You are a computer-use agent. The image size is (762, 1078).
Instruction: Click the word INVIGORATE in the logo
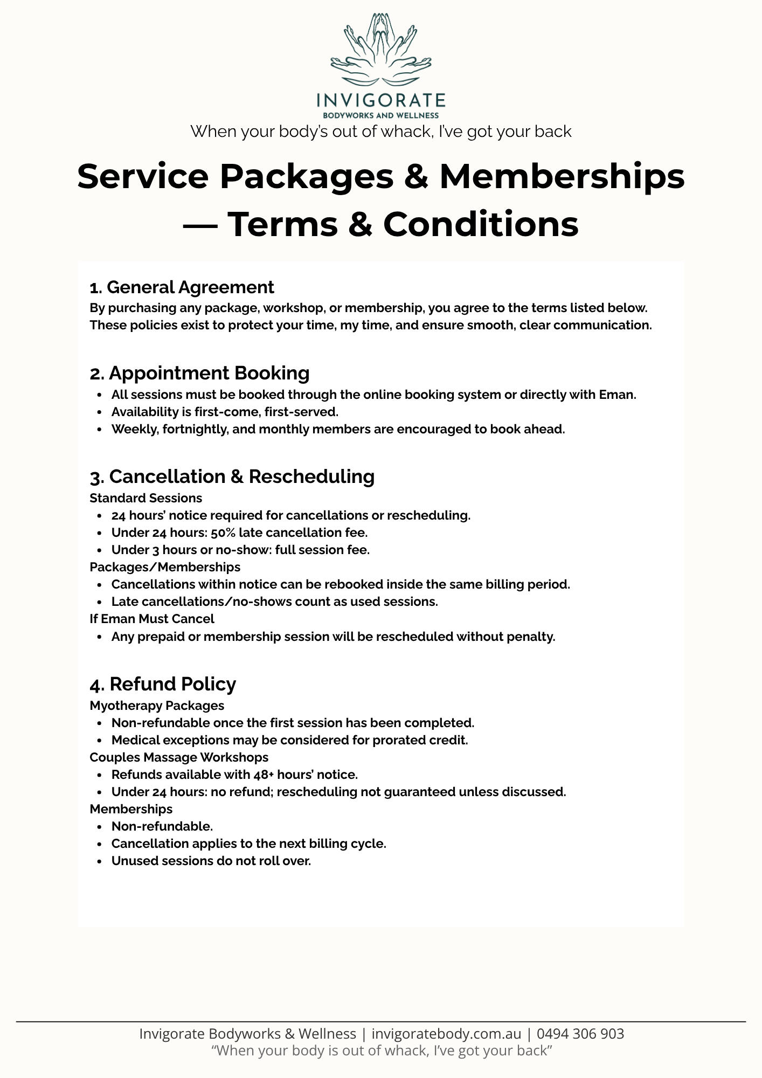(x=380, y=100)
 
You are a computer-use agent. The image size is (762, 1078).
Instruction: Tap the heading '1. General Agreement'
(x=182, y=287)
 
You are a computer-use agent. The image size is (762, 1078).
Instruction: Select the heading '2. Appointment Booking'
(x=199, y=373)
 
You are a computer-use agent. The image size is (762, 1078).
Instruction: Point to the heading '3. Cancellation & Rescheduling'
(x=232, y=476)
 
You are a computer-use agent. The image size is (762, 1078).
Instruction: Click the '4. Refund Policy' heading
(x=163, y=684)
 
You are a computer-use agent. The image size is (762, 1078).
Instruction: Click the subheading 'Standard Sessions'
(x=146, y=498)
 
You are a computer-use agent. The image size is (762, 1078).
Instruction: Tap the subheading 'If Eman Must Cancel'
(x=151, y=619)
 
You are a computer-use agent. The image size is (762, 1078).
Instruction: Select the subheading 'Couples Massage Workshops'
(x=178, y=757)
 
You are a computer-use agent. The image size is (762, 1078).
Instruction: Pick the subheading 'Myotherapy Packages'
(x=156, y=706)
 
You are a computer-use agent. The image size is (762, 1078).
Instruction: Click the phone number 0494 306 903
(x=580, y=1034)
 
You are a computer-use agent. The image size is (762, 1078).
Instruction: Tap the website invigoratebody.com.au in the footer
(x=446, y=1034)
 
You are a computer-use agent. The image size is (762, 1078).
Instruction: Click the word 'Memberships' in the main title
(x=562, y=176)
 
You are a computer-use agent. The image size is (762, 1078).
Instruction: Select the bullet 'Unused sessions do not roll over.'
(x=211, y=861)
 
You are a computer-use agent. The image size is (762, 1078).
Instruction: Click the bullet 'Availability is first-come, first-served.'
(x=225, y=412)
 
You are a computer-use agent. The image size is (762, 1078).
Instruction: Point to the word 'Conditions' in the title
(x=481, y=224)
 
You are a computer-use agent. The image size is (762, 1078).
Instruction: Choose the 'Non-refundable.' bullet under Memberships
(x=162, y=827)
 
